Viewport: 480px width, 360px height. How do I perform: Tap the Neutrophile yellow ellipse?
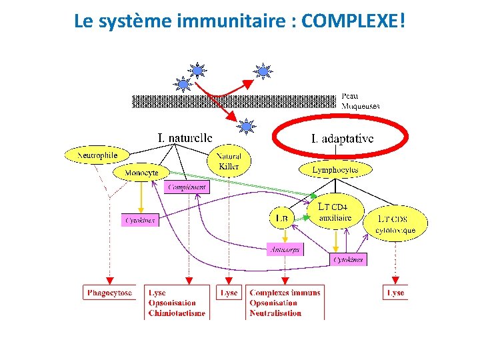click(x=97, y=155)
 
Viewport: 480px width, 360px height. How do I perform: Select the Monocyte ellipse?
click(x=141, y=173)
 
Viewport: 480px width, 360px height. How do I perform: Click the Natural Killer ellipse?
click(x=229, y=161)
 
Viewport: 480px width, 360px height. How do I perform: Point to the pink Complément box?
click(x=187, y=187)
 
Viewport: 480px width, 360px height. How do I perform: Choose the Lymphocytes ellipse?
click(x=335, y=170)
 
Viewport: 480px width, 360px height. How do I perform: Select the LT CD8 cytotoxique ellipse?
click(x=395, y=225)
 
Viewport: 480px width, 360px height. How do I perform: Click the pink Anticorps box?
click(x=285, y=249)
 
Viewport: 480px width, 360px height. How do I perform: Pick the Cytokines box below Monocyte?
click(x=140, y=219)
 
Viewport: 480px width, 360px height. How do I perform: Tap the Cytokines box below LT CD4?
click(x=349, y=259)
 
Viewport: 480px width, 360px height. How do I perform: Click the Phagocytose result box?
click(x=109, y=293)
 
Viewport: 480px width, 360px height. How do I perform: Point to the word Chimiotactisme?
click(x=177, y=313)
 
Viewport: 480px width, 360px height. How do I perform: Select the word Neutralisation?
click(x=275, y=313)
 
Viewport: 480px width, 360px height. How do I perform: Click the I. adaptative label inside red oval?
click(x=342, y=139)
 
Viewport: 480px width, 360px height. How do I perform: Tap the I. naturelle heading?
click(x=185, y=137)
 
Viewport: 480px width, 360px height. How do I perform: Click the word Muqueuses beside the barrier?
click(x=360, y=106)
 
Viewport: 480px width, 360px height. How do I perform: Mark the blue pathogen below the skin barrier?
click(x=247, y=125)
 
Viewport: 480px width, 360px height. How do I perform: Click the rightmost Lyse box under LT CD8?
click(x=395, y=293)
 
